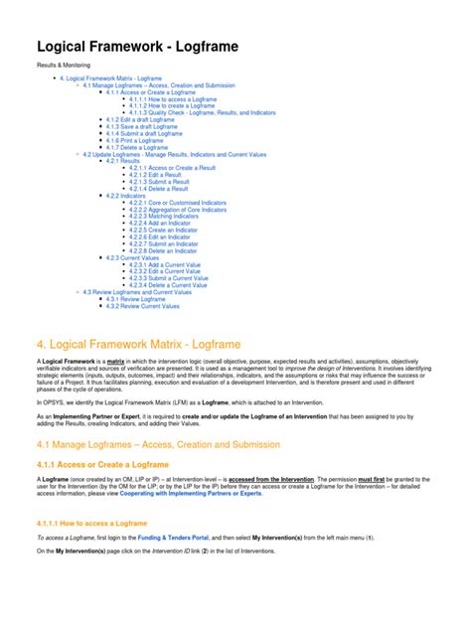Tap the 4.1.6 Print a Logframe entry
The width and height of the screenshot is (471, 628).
(x=138, y=140)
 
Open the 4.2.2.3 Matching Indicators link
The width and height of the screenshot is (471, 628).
(x=171, y=216)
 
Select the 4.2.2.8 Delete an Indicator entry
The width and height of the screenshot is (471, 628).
(x=168, y=249)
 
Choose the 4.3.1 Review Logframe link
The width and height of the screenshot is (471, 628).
(x=140, y=298)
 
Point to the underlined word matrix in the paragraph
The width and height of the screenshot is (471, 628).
(x=115, y=360)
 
